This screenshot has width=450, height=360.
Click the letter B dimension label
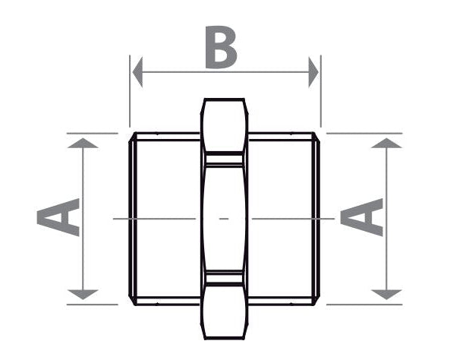tap(221, 47)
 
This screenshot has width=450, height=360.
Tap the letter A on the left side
tap(58, 217)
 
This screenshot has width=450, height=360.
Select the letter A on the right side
tap(362, 217)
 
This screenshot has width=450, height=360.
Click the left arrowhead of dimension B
tap(137, 72)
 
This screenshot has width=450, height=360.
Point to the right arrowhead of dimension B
tap(313, 72)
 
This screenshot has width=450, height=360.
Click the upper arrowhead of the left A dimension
tap(83, 143)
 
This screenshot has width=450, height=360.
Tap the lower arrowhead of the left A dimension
tap(83, 295)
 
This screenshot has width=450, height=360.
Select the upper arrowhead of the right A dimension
tap(386, 143)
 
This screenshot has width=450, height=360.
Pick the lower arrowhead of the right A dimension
tap(386, 295)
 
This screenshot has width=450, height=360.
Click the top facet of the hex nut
tap(224, 125)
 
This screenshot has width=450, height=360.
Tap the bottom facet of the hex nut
tap(224, 311)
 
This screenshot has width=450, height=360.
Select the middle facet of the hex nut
tap(224, 219)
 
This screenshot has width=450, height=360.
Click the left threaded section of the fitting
tap(167, 219)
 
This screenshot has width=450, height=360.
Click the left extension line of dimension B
tap(130, 91)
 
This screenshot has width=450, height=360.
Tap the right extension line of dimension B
tap(321, 91)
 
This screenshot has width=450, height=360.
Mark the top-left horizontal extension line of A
tap(92, 134)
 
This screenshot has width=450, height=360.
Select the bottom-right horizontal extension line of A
tap(364, 305)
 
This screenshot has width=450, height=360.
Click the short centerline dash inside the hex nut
tap(224, 219)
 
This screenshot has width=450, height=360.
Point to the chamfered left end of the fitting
tap(132, 219)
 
